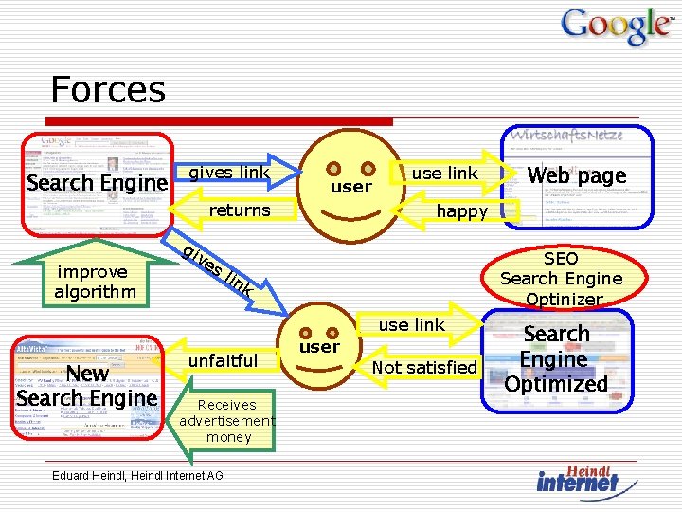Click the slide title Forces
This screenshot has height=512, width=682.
click(108, 90)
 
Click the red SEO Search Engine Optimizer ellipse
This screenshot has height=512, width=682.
click(561, 278)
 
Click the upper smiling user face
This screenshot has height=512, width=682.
click(350, 185)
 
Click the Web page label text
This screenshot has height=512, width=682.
click(577, 175)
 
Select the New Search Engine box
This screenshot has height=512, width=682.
click(87, 386)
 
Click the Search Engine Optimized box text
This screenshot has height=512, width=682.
click(556, 359)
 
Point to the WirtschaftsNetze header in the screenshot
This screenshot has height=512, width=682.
click(566, 135)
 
